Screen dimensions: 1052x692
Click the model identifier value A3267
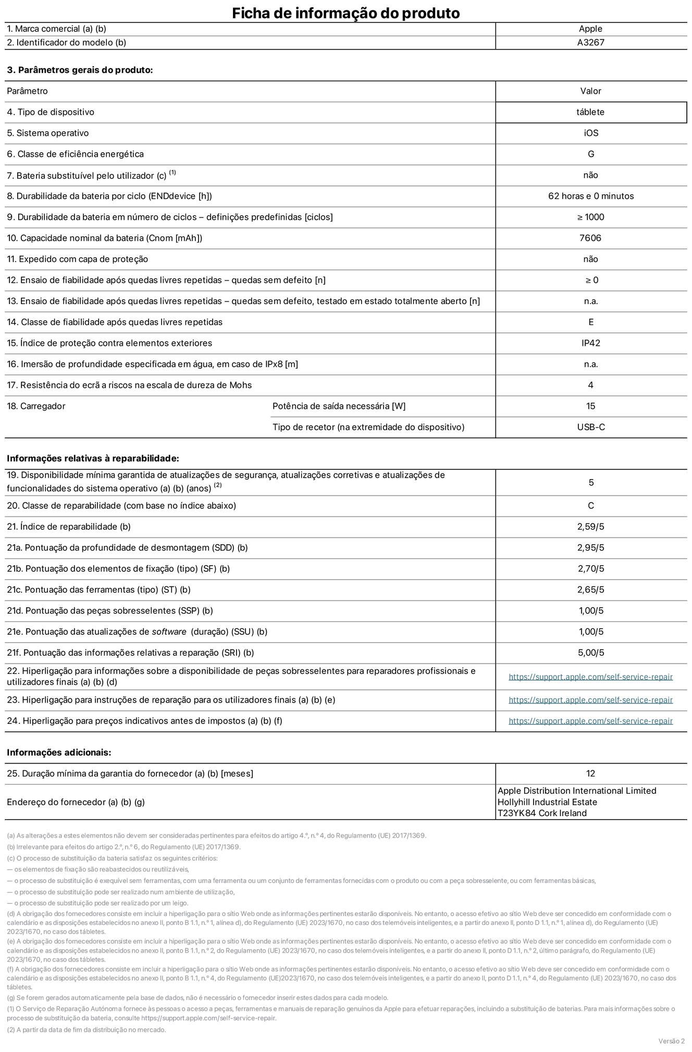[x=590, y=43]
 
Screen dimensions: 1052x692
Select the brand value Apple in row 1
[x=590, y=29]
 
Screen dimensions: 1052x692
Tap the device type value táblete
[x=590, y=112]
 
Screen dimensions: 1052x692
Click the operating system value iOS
[x=591, y=133]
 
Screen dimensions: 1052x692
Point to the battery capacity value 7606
[x=590, y=238]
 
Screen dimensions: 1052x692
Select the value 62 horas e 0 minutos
[x=591, y=196]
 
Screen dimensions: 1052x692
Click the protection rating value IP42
[x=590, y=343]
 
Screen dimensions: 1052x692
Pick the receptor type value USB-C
[x=591, y=427]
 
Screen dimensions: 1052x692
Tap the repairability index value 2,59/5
[x=590, y=527]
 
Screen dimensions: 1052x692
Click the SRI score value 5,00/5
[x=591, y=653]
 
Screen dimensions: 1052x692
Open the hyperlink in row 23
[x=590, y=700]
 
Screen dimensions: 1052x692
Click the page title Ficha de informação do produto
[x=345, y=13]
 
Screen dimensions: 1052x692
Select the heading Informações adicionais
[x=59, y=753]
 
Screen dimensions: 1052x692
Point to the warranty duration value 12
[x=590, y=773]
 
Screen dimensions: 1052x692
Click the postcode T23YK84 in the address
[x=516, y=813]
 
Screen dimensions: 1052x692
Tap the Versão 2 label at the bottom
[x=671, y=1041]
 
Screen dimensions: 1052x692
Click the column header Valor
[x=590, y=91]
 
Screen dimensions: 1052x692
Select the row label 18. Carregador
[x=36, y=406]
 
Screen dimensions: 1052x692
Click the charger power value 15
[x=590, y=406]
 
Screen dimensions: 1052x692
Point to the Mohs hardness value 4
[x=590, y=385]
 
